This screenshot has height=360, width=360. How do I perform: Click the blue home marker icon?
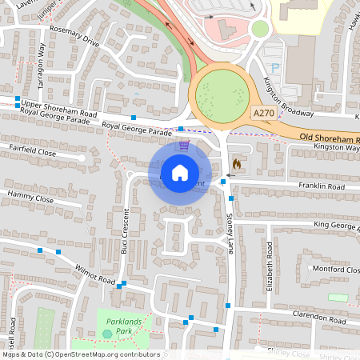point(180,172)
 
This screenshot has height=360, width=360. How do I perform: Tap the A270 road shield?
point(264,115)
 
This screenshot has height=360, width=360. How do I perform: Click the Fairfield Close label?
point(32,150)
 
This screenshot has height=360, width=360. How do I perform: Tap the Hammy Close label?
point(30,196)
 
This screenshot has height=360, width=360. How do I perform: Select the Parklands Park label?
point(118,326)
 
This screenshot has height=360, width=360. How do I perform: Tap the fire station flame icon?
point(237,164)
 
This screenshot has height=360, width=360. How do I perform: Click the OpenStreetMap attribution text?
point(81,354)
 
